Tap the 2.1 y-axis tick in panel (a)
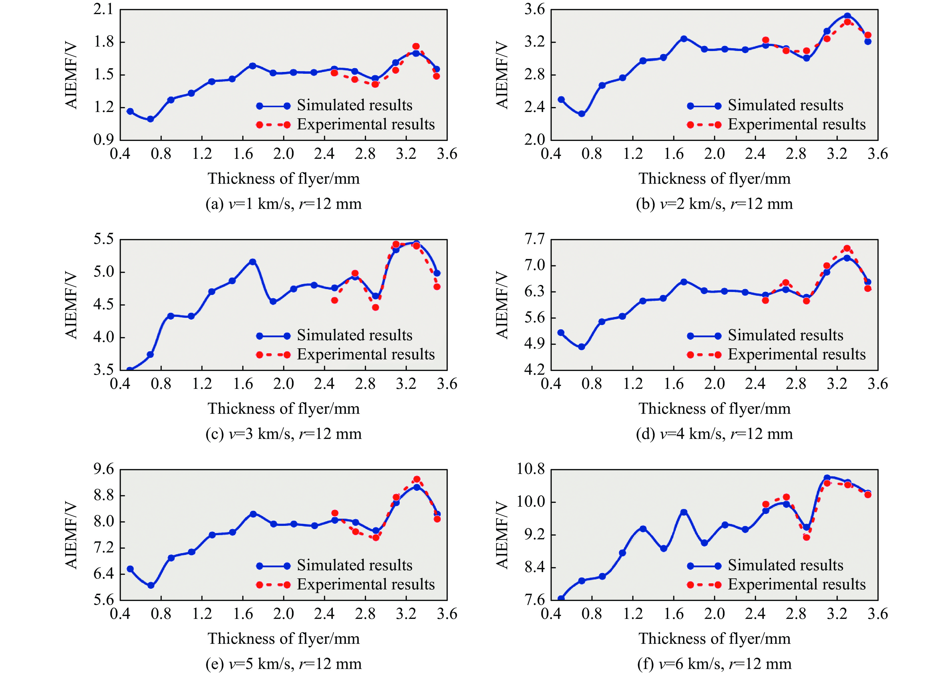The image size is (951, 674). point(103,9)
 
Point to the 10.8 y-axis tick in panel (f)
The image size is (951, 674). point(530,469)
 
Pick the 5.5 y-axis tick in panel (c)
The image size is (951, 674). point(103,239)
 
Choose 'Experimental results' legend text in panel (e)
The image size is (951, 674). point(366,584)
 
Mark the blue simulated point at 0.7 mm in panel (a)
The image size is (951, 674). point(151,119)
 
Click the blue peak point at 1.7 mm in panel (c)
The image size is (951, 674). point(253,262)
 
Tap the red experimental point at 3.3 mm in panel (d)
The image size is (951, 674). point(847,249)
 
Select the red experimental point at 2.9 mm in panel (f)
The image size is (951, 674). point(806,537)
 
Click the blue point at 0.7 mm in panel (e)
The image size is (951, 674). point(151,585)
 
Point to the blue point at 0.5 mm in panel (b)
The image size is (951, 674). point(561,100)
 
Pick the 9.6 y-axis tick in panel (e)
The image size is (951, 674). point(103,469)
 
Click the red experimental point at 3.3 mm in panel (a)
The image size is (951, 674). point(416,47)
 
